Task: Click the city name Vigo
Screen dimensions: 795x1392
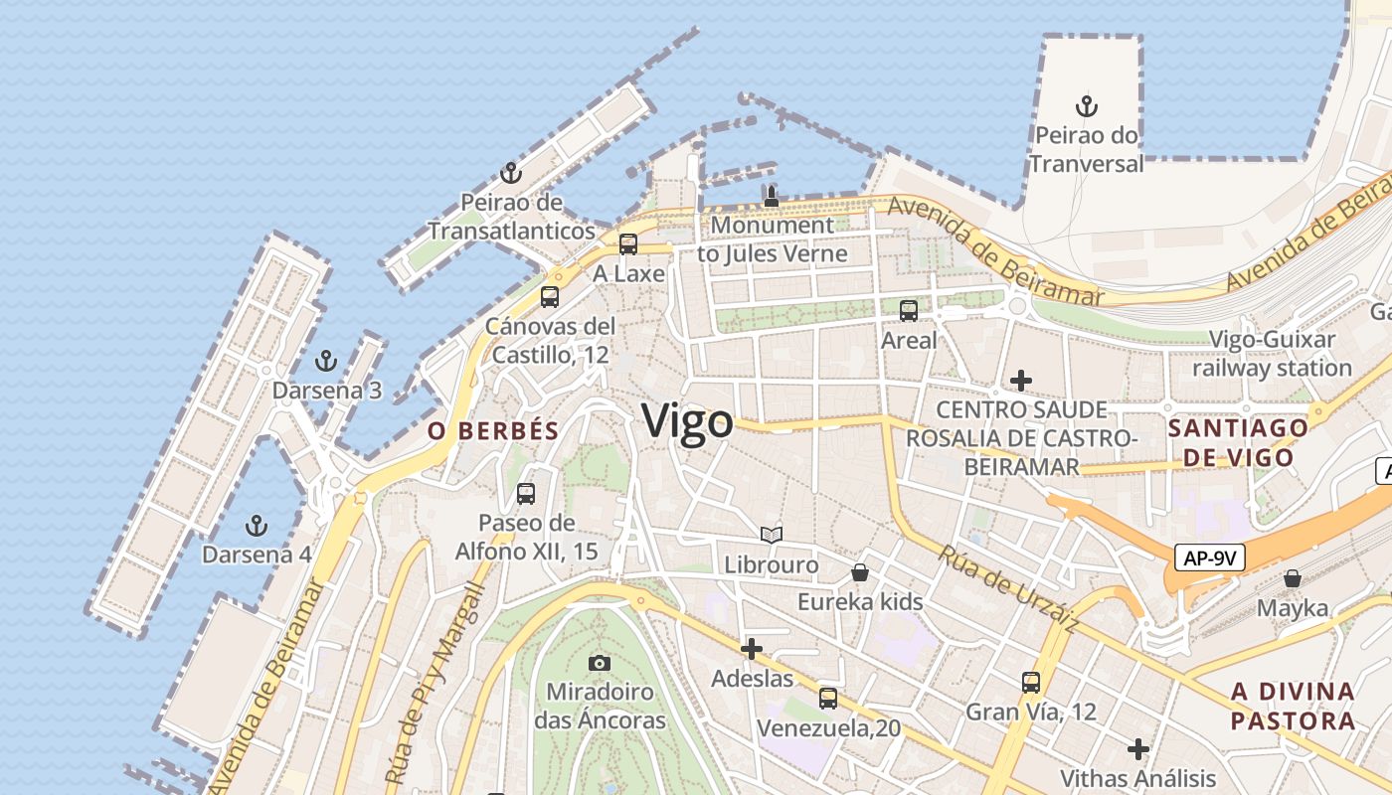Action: pyautogui.click(x=688, y=421)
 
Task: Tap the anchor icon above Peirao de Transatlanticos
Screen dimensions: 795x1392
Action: pyautogui.click(x=511, y=174)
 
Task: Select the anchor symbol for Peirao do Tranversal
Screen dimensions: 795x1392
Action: pyautogui.click(x=1087, y=105)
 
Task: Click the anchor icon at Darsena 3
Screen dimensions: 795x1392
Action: pyautogui.click(x=326, y=361)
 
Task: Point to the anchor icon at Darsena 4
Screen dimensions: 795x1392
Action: pyautogui.click(x=257, y=525)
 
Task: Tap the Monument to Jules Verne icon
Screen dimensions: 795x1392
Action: pyautogui.click(x=771, y=196)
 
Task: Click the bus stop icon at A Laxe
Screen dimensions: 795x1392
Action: pyautogui.click(x=628, y=244)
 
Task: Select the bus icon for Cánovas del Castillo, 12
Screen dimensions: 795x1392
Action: pyautogui.click(x=550, y=296)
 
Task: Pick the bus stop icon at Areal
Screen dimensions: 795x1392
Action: pyautogui.click(x=909, y=311)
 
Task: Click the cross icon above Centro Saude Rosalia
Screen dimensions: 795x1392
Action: pyautogui.click(x=1020, y=381)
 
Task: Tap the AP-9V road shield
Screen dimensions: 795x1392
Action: pyautogui.click(x=1209, y=557)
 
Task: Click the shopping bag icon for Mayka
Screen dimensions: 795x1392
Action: pyautogui.click(x=1292, y=578)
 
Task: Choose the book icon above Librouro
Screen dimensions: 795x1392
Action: pyautogui.click(x=772, y=536)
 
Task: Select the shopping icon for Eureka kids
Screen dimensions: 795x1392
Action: pyautogui.click(x=860, y=572)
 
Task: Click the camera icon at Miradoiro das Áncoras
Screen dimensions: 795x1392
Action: pyautogui.click(x=600, y=663)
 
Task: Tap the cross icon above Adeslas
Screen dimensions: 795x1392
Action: pyautogui.click(x=752, y=650)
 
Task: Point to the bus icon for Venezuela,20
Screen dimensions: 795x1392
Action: pyautogui.click(x=828, y=699)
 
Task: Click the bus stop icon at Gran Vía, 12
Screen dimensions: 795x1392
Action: pyautogui.click(x=1031, y=683)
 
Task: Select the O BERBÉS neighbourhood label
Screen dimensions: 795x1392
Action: pyautogui.click(x=492, y=430)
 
